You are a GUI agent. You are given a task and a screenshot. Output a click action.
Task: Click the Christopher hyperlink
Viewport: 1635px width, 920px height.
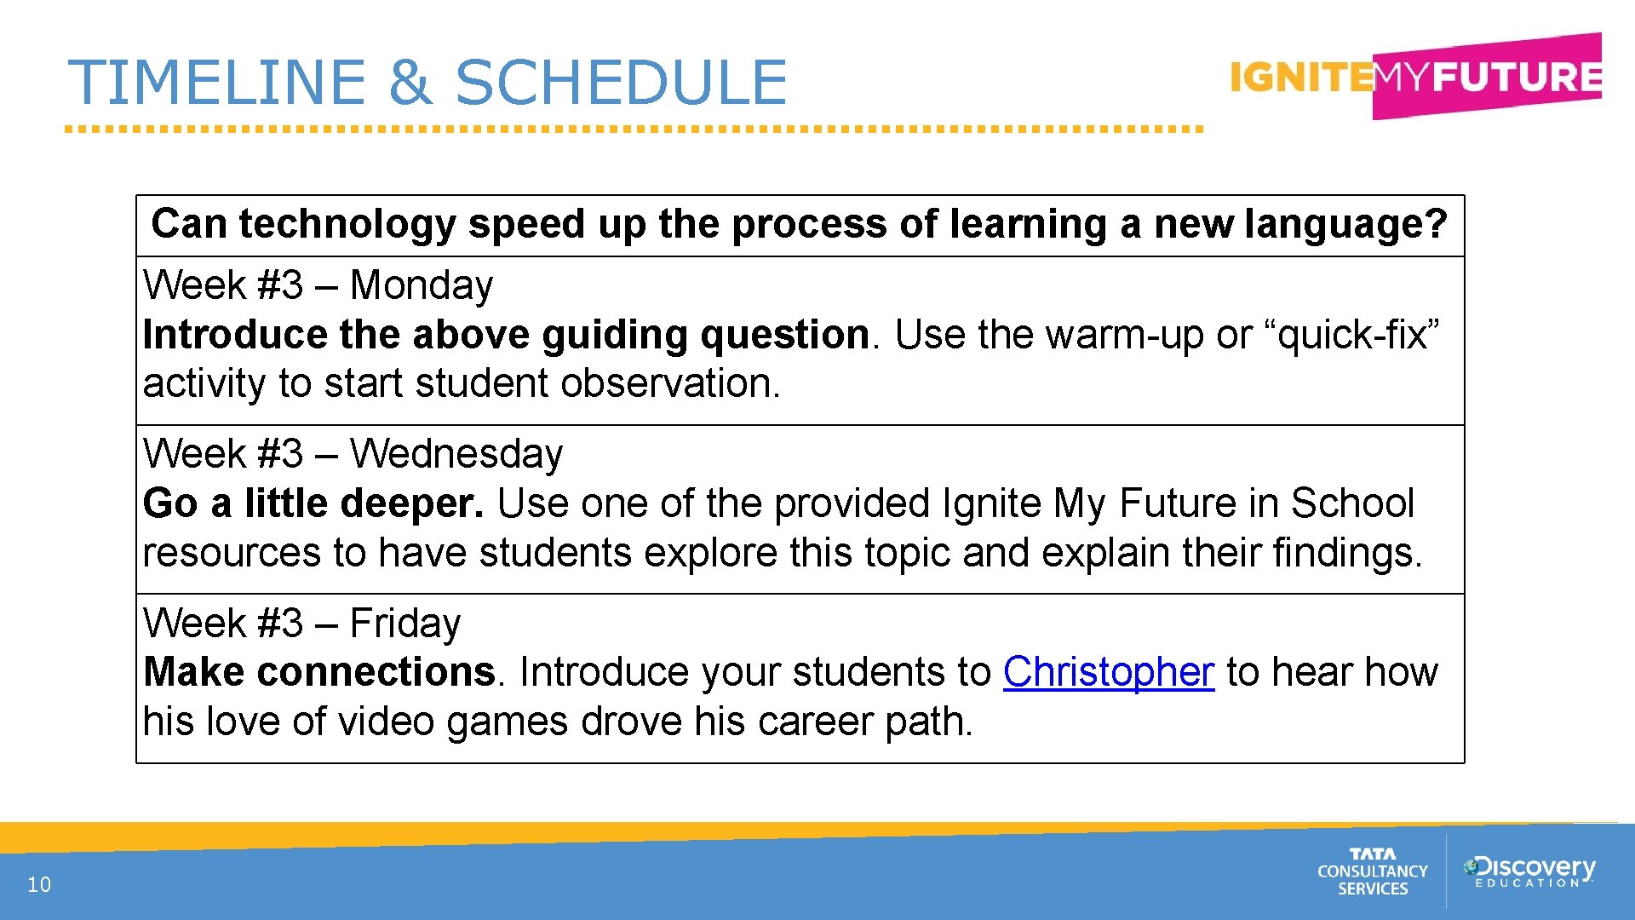(1108, 672)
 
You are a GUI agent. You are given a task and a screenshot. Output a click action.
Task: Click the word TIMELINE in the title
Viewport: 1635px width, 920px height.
(217, 83)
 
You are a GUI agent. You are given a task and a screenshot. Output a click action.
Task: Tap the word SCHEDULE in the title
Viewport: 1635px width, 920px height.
(622, 83)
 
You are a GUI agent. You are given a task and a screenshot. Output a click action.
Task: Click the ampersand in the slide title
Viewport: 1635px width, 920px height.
(410, 83)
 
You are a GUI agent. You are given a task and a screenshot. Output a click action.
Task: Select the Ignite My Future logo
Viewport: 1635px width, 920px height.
(1415, 77)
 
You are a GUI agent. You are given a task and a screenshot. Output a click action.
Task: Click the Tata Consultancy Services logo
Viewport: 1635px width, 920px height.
(1372, 871)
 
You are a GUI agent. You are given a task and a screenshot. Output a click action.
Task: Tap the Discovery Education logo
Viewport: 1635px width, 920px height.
(1529, 871)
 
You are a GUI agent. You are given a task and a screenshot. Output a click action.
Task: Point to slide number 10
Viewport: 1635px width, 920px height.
(39, 884)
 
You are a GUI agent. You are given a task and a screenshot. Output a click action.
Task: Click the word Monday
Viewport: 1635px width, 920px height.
(422, 285)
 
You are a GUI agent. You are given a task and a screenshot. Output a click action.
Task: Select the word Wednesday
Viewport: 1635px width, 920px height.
(456, 454)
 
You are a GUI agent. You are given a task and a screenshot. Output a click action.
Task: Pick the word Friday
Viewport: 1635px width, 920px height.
(405, 624)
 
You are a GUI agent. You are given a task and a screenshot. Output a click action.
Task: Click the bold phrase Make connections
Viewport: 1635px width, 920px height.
(319, 672)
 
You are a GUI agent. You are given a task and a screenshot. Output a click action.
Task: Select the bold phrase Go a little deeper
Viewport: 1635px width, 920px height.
(313, 503)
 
